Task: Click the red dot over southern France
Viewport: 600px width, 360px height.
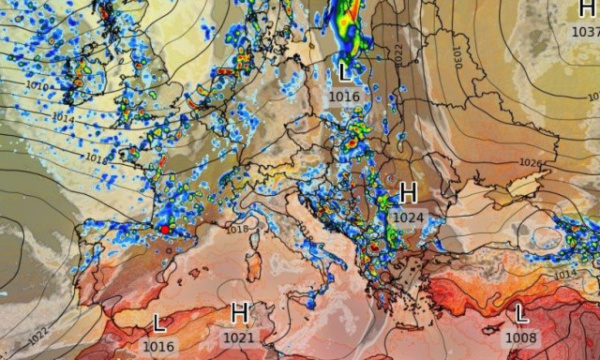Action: (165, 229)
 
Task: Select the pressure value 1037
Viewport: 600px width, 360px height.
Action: (585, 31)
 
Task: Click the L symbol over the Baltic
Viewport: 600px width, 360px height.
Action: (345, 72)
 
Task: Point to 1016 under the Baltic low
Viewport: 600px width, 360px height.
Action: (344, 95)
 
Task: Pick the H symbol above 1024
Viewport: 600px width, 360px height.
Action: (408, 194)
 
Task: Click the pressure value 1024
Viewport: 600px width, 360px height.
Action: (408, 217)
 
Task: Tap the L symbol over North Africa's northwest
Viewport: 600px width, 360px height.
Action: (160, 323)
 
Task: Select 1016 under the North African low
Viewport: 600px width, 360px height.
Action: (159, 345)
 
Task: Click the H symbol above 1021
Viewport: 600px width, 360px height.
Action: (239, 313)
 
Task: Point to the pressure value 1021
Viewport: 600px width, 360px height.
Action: (239, 337)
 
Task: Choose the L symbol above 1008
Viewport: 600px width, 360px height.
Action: (521, 313)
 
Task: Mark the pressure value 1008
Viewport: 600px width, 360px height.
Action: (521, 337)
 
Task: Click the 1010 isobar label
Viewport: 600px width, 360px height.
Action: (38, 85)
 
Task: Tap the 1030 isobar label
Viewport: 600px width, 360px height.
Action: (457, 56)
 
